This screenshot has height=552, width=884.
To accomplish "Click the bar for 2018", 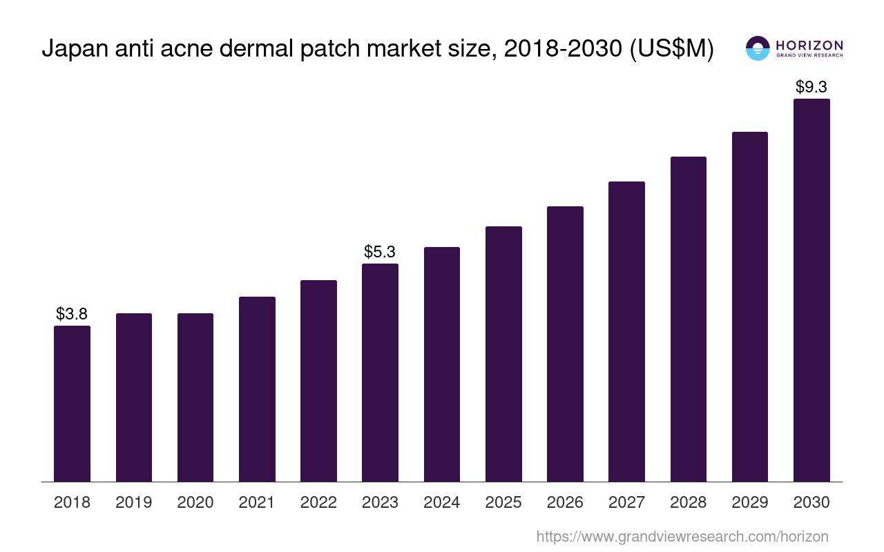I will (72, 404).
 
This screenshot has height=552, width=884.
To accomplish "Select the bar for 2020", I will (195, 397).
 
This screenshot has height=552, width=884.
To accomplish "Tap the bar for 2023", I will (380, 373).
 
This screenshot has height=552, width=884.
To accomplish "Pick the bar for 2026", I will (565, 344).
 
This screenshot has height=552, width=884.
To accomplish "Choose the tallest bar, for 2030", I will (811, 290).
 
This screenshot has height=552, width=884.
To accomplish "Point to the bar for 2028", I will (688, 319).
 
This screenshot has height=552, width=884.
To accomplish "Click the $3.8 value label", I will (72, 315).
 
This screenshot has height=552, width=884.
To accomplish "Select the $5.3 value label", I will (380, 253).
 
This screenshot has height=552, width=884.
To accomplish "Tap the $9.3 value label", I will (811, 88).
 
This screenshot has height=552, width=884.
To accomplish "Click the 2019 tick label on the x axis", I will (134, 502).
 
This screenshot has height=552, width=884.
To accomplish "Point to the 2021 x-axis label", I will (257, 502).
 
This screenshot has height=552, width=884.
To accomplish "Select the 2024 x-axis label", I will (442, 502).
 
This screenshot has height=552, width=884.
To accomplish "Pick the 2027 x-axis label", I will (626, 502).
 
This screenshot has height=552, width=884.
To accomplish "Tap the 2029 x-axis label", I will (750, 502).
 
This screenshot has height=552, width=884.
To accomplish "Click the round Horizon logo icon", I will (757, 48).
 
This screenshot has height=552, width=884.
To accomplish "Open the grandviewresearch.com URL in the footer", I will (682, 536).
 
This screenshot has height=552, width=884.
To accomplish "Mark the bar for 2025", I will (503, 354).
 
